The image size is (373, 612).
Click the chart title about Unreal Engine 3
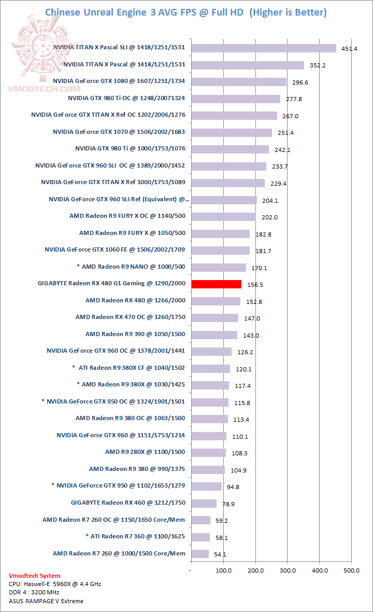pyautogui.click(x=186, y=12)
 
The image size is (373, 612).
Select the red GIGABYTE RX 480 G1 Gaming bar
pyautogui.click(x=217, y=284)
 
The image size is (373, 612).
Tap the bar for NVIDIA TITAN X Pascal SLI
pyautogui.click(x=264, y=48)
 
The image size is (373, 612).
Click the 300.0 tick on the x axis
pyautogui.click(x=288, y=571)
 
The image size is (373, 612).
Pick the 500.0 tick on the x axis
pyautogui.click(x=352, y=571)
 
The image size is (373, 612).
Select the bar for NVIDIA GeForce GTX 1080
pyautogui.click(x=239, y=82)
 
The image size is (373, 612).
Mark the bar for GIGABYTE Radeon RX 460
pyautogui.click(x=204, y=503)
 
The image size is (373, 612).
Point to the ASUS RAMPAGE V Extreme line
pyautogui.click(x=46, y=601)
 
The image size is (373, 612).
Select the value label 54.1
pyautogui.click(x=220, y=554)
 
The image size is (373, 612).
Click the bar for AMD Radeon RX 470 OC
pyautogui.click(x=215, y=317)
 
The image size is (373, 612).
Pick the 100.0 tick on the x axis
pyautogui.click(x=224, y=571)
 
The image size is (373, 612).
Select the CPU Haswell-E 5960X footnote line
pyautogui.click(x=55, y=584)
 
